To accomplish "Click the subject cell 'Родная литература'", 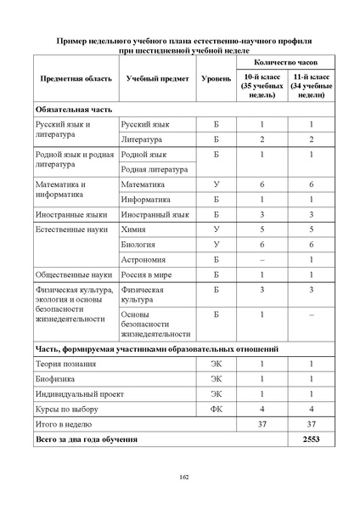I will point(157,169).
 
